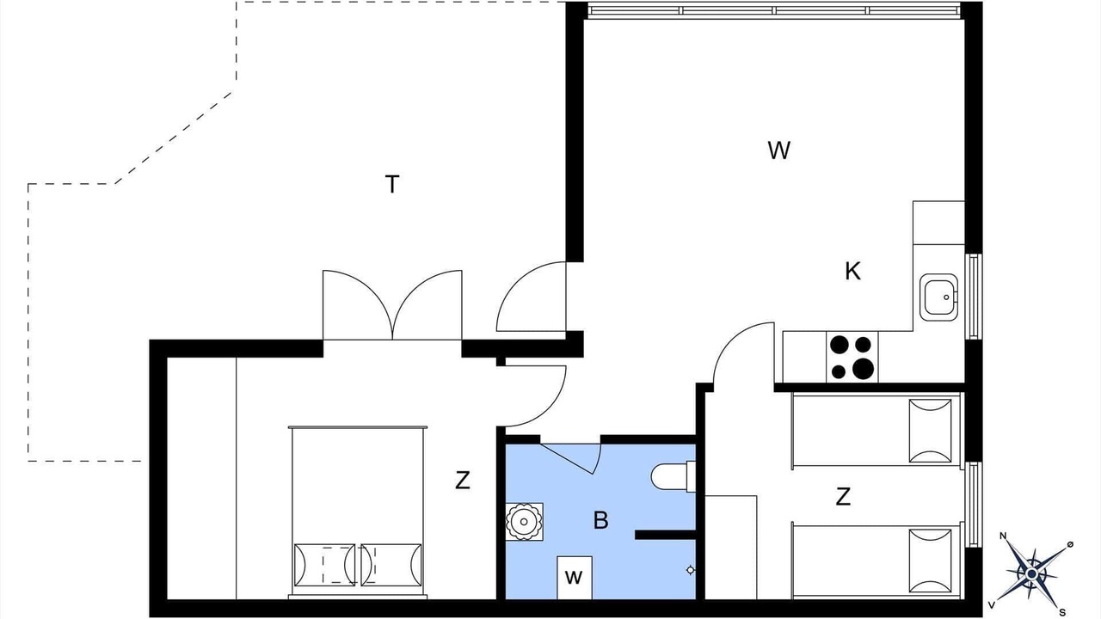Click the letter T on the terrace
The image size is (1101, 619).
pyautogui.click(x=391, y=185)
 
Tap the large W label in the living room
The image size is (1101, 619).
pyautogui.click(x=779, y=150)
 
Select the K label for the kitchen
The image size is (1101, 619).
pyautogui.click(x=852, y=271)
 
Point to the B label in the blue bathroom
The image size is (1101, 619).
pyautogui.click(x=600, y=521)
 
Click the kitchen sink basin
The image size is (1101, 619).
pyautogui.click(x=938, y=297)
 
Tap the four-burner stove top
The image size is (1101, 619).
pyautogui.click(x=852, y=357)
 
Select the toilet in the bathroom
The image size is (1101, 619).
pyautogui.click(x=673, y=476)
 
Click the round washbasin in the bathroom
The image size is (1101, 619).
pyautogui.click(x=525, y=522)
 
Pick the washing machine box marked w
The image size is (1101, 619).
pyautogui.click(x=574, y=577)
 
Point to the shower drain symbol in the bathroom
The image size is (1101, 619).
pyautogui.click(x=690, y=570)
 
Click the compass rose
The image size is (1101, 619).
pyautogui.click(x=1032, y=573)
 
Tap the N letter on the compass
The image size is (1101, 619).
pyautogui.click(x=1004, y=536)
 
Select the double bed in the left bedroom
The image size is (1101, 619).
pyautogui.click(x=358, y=512)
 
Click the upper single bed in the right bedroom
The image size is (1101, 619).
pyautogui.click(x=876, y=431)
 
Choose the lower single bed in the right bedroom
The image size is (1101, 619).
pyautogui.click(x=876, y=561)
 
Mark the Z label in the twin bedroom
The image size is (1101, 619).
pyautogui.click(x=843, y=497)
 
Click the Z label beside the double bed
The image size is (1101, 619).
pyautogui.click(x=463, y=481)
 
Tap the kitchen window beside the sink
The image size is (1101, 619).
pyautogui.click(x=973, y=297)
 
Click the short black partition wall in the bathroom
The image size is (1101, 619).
pyautogui.click(x=666, y=535)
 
